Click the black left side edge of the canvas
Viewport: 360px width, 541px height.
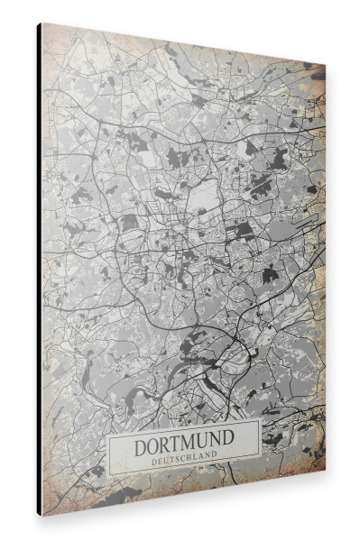pyautogui.click(x=39, y=270)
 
